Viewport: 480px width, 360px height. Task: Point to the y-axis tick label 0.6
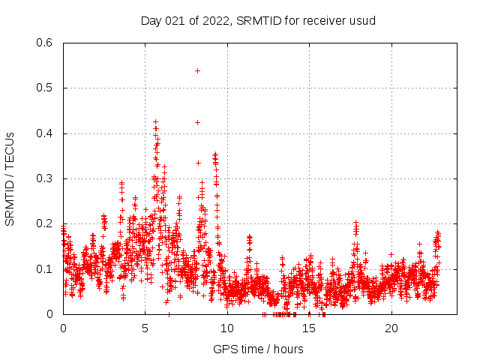pos(44,43)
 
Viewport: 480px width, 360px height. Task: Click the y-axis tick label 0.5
pos(44,88)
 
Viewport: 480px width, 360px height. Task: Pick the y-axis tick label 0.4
pos(44,133)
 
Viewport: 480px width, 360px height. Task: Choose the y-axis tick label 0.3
pos(44,178)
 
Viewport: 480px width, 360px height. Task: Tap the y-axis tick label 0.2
pos(44,223)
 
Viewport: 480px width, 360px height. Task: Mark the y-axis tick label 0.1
pos(44,268)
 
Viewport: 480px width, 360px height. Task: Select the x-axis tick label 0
pos(63,328)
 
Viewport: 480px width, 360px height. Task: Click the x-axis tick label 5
pos(145,328)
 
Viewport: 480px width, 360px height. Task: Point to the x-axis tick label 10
pos(227,328)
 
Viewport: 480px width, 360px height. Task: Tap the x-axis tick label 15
pos(309,328)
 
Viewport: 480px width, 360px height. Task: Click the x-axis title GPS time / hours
pos(258,349)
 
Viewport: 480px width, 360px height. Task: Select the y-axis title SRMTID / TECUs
pos(10,178)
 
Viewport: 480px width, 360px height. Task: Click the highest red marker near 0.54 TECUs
pos(197,70)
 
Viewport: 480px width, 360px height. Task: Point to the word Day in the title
pos(151,20)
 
